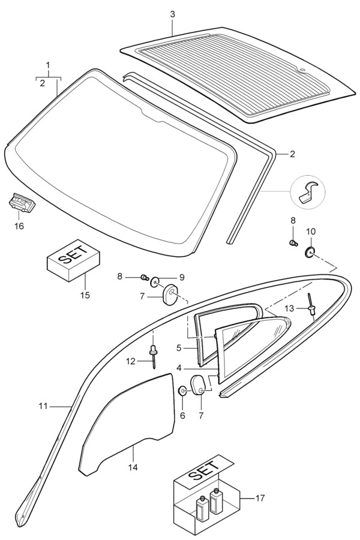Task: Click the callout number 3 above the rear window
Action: coord(172,14)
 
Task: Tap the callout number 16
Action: coord(20,226)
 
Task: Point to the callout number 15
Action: coord(85,295)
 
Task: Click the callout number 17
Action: coord(260,497)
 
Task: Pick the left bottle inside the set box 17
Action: coord(201,508)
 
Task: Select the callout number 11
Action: coord(42,406)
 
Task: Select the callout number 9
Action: coord(165,277)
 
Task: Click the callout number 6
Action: coord(183,415)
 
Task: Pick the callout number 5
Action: coord(178,347)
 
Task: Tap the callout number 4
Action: coord(178,367)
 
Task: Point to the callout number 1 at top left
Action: coord(49,65)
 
